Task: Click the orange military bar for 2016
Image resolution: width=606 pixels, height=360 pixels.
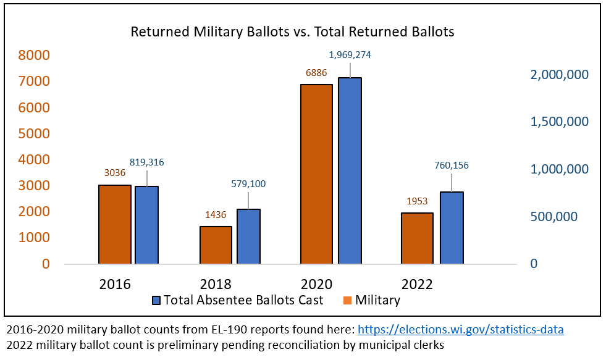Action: pos(115,224)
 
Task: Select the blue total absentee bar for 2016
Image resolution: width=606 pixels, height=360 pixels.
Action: pos(147,225)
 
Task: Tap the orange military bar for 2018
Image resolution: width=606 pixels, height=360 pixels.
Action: pos(216,245)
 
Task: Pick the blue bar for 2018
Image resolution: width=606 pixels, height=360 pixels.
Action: pos(248,237)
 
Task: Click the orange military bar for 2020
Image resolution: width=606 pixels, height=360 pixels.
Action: pos(316,174)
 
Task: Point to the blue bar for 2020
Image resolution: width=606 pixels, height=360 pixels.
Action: pos(349,171)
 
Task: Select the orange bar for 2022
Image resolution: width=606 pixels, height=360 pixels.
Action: pos(417,238)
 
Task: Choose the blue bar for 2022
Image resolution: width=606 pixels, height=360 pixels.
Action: pos(452,228)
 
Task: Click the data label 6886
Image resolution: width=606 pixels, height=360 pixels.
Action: pos(316,73)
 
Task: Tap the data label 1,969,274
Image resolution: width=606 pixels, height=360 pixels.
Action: pos(350,55)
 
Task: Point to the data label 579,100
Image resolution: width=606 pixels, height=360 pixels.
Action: pos(249,183)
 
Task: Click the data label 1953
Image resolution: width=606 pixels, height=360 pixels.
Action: pos(417,201)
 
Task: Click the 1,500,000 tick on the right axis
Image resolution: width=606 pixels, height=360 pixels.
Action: pos(560,122)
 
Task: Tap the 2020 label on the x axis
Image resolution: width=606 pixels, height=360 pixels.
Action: pos(316,285)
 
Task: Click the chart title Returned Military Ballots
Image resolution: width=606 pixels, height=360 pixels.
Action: pos(292,31)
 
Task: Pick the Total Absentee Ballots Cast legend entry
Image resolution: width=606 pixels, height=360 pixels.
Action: pos(237,301)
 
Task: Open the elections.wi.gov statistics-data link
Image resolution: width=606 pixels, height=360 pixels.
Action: pos(461,330)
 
